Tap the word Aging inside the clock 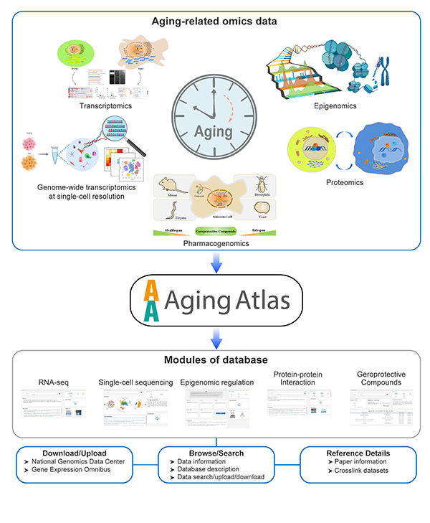[214, 131]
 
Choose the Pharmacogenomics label [215, 242]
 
